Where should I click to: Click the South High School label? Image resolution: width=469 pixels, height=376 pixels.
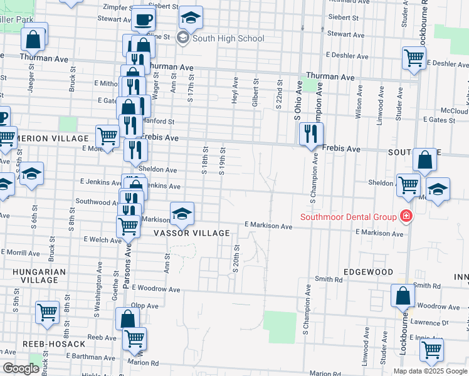coord(228,38)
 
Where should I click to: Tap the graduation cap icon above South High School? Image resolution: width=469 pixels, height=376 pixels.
coord(191,17)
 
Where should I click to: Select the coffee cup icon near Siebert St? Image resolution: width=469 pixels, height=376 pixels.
coord(144,18)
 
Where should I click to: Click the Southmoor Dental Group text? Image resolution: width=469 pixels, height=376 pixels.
coord(349,217)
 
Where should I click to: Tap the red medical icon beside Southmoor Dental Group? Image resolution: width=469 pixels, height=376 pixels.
coord(406,217)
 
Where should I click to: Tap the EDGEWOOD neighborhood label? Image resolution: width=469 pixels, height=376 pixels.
coord(368,273)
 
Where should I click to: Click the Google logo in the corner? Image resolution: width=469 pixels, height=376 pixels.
coord(21,368)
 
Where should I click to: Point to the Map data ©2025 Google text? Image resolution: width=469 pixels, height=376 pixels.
coord(430,371)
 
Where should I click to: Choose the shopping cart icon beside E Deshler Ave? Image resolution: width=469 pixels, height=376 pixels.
coord(414,58)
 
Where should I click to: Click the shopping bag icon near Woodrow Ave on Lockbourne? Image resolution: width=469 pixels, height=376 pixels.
coord(403,295)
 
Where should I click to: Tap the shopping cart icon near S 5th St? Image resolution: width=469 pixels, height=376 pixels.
coord(48,312)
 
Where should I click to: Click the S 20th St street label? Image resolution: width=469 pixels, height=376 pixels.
coord(236,259)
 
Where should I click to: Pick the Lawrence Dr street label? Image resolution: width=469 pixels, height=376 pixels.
coord(435,323)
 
